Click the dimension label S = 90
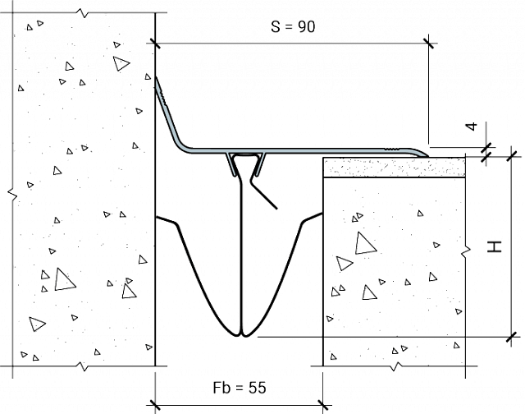tap(293, 27)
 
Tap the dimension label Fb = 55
tap(240, 388)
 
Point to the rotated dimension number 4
tap(472, 126)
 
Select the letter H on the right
tap(495, 246)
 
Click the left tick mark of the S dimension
tap(155, 44)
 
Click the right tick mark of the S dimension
tap(429, 44)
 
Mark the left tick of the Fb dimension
tap(155, 405)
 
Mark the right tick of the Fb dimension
tap(322, 405)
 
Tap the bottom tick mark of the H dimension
tap(511, 337)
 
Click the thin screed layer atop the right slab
tap(394, 168)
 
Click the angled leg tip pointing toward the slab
tap(276, 208)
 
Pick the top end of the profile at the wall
tap(157, 78)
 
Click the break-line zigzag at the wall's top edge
tap(83, 13)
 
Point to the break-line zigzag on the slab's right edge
tap(466, 251)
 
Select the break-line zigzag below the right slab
tap(397, 366)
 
